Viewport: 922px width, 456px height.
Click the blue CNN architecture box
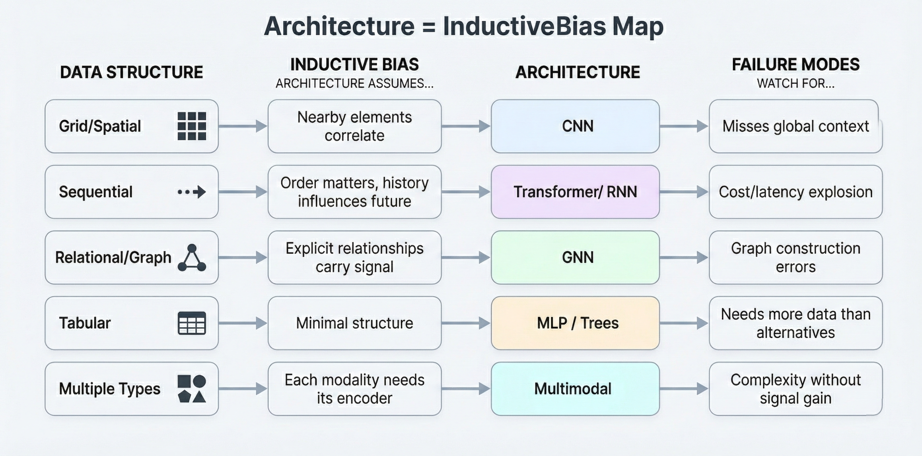[575, 126]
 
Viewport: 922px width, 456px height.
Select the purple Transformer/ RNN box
[575, 192]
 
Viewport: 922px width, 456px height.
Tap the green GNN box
[575, 257]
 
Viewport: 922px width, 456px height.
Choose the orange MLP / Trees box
[575, 323]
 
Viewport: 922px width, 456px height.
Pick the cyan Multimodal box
[575, 389]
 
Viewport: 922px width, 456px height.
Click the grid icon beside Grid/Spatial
[192, 126]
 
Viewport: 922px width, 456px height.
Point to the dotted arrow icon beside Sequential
[192, 192]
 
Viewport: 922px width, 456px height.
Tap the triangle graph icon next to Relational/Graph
[192, 258]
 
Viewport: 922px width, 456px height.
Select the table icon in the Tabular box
[192, 323]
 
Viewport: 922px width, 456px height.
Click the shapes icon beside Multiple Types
[192, 389]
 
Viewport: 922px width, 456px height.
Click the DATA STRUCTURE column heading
[131, 72]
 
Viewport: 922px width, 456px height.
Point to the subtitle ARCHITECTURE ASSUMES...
[354, 83]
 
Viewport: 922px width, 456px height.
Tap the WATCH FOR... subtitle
[795, 83]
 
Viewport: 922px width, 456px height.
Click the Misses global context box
[795, 126]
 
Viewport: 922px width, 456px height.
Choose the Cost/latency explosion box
[795, 192]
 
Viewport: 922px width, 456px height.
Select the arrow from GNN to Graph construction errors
[684, 257]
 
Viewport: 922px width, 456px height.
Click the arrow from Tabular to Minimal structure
[243, 323]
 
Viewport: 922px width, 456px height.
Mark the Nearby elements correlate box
[354, 126]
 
